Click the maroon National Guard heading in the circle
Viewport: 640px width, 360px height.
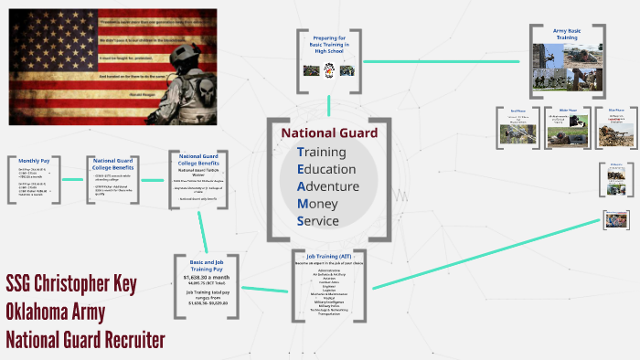(328, 132)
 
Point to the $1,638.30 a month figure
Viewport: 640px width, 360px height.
(212, 275)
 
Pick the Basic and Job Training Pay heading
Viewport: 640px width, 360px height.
(212, 265)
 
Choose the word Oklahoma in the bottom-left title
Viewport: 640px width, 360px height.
(46, 312)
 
